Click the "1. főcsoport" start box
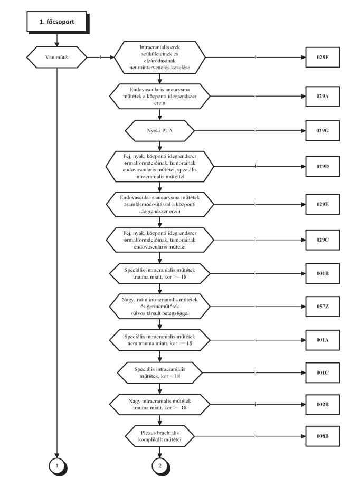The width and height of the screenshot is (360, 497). tap(57, 22)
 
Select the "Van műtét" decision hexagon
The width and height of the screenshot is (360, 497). tap(57, 58)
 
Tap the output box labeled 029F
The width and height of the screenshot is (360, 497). tap(323, 58)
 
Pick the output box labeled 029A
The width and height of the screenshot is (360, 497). tap(323, 97)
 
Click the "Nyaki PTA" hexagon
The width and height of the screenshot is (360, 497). tap(159, 131)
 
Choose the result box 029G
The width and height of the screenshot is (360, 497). tap(323, 131)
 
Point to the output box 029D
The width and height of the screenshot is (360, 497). tap(323, 166)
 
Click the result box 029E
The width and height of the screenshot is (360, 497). tap(323, 204)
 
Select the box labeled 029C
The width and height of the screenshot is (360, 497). tap(323, 240)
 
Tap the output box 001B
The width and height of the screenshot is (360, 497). tap(323, 273)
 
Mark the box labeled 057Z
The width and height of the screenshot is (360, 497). tap(323, 307)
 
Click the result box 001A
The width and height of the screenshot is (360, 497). tap(323, 340)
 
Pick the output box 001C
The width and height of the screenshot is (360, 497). tap(323, 372)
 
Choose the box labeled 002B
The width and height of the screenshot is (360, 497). tap(323, 405)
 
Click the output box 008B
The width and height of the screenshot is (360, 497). tap(323, 436)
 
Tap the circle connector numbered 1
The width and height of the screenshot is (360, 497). tap(58, 466)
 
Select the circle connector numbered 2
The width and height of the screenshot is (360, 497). tap(160, 466)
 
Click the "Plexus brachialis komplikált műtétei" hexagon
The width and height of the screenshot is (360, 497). tap(159, 436)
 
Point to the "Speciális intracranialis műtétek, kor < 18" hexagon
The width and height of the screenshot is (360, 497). tap(159, 372)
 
